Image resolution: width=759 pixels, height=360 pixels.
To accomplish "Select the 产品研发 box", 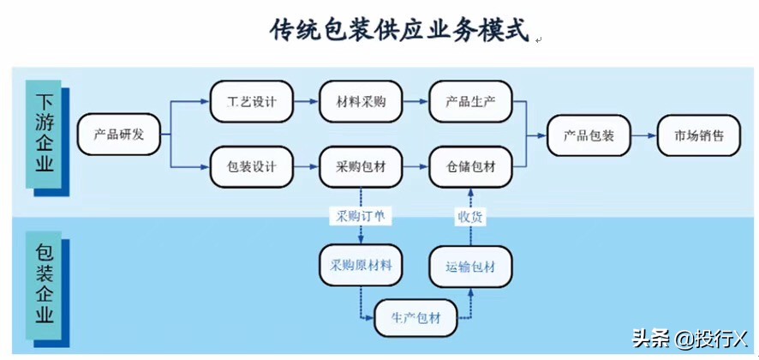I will point(119,134).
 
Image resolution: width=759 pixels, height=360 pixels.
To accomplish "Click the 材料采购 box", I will point(361,102).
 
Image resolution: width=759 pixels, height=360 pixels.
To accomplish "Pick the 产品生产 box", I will point(470,102).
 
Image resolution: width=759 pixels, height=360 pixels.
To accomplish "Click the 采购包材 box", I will point(361,166).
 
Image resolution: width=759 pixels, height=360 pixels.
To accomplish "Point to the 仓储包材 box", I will point(470,166).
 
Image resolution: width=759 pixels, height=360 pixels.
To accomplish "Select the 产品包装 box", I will point(589,135).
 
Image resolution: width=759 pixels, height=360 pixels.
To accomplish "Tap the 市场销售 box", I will point(698,135).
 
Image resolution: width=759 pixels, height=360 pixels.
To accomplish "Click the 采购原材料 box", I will point(361,265).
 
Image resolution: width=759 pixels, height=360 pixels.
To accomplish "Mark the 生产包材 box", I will point(415,318).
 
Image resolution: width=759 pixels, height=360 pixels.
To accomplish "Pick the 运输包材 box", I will point(470,266).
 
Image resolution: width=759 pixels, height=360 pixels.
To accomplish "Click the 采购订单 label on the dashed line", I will point(361,216).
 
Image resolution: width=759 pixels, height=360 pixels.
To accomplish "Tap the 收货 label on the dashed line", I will point(470,216).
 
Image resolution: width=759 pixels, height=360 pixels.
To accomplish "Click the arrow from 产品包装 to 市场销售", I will point(643,135).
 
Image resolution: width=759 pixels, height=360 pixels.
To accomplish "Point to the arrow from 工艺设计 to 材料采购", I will point(306,102).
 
